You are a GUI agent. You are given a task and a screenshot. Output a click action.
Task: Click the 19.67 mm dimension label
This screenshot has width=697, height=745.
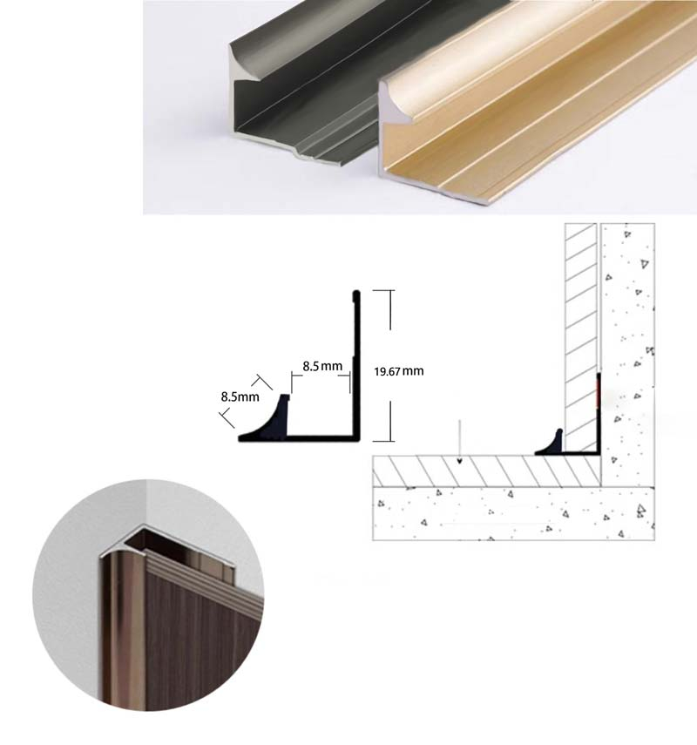(x=398, y=371)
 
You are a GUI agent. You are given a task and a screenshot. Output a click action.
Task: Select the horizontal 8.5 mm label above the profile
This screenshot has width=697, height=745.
(x=321, y=366)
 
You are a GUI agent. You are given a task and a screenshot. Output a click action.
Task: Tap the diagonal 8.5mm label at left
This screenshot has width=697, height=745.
(x=240, y=397)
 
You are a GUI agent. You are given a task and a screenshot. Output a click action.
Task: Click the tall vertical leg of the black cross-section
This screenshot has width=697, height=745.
(x=355, y=366)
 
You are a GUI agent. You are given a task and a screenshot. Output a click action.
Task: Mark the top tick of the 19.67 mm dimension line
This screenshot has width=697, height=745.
(x=389, y=291)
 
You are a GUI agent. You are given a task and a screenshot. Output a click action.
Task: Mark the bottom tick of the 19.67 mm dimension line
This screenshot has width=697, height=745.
(x=389, y=439)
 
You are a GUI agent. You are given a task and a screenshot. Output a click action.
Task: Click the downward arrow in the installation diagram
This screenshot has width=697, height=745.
(x=459, y=440)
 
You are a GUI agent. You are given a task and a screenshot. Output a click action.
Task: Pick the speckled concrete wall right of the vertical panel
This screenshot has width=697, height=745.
(x=627, y=349)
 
